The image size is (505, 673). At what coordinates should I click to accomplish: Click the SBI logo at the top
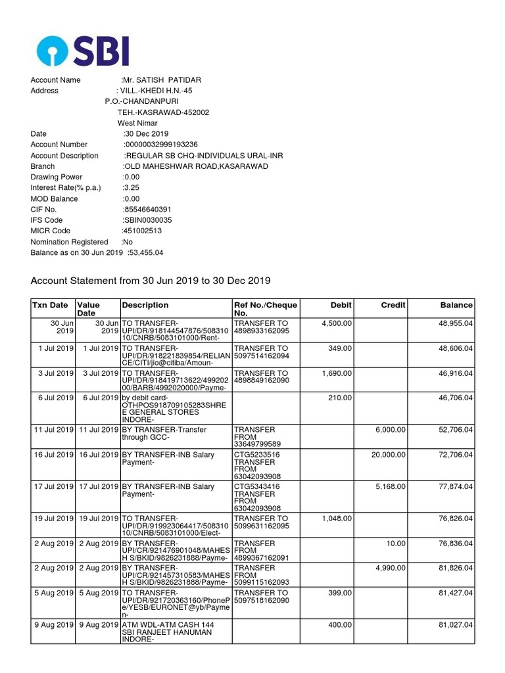83,51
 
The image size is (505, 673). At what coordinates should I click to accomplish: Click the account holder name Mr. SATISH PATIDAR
162,80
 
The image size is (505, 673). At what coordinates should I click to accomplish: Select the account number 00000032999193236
160,145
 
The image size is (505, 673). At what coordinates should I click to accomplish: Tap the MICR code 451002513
142,231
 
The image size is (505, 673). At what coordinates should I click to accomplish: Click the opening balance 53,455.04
145,252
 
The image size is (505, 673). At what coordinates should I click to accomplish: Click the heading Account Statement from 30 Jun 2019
151,281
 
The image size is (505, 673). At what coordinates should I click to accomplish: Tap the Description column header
145,305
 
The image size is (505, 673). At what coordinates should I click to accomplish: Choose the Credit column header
393,305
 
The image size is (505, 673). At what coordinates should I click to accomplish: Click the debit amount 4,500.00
337,323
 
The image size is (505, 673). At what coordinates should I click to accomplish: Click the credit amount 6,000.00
391,430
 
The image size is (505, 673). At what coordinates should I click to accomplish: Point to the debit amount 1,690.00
337,373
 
